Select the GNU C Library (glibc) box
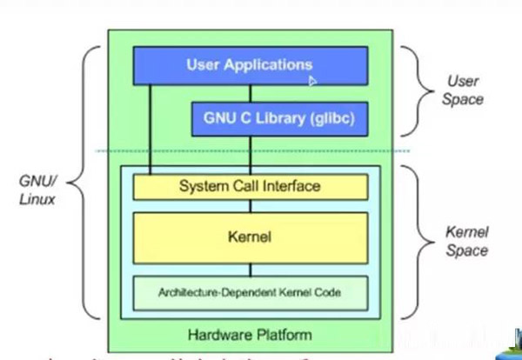pyautogui.click(x=279, y=118)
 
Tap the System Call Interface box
pyautogui.click(x=250, y=186)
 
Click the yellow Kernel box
pyautogui.click(x=250, y=237)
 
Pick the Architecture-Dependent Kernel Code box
pyautogui.click(x=250, y=293)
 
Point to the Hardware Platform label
pyautogui.click(x=250, y=334)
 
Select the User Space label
pyautogui.click(x=464, y=90)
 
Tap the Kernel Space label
pyautogui.click(x=466, y=243)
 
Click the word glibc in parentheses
pyautogui.click(x=329, y=118)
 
